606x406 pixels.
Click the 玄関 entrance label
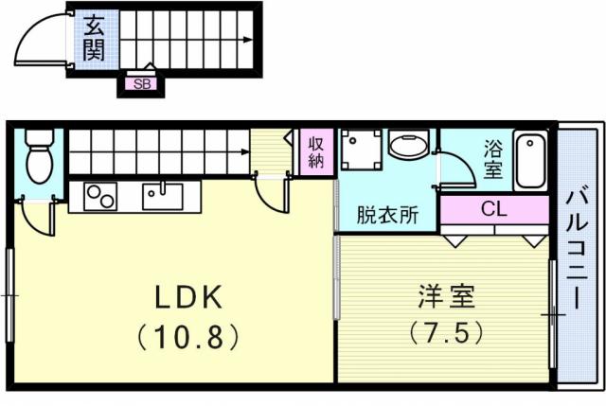pos(94,38)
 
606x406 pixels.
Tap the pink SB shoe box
pos(142,84)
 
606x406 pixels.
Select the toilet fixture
pos(39,157)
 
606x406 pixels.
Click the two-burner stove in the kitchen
pos(100,197)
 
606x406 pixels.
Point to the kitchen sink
pos(163,196)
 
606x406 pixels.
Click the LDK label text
pos(188,297)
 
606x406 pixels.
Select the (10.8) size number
pos(188,337)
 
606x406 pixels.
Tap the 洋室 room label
pos(446,296)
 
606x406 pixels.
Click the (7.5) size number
pos(446,332)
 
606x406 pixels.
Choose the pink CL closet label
pos(494,210)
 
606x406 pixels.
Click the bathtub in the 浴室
pos(530,160)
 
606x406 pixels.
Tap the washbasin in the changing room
pos(409,145)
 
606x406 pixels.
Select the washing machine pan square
pos(361,150)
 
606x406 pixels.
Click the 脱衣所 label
pos(387,215)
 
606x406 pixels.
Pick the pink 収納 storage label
pos(315,153)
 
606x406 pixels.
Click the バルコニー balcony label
pos(577,251)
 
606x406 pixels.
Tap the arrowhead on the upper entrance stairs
pos(248,40)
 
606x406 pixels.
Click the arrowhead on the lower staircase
pos(245,151)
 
